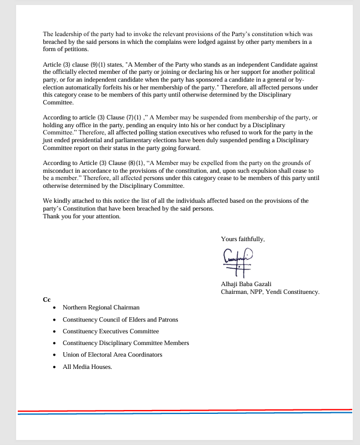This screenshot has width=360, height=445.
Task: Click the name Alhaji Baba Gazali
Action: click(246, 284)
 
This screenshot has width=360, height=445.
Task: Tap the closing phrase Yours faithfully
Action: click(243, 239)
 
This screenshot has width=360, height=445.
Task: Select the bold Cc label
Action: click(47, 299)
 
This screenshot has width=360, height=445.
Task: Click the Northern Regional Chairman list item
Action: click(101, 307)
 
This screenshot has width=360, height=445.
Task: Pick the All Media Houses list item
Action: click(87, 367)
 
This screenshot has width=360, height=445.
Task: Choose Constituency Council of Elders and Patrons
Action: click(120, 319)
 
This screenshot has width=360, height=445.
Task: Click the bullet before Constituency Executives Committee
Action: click(54, 332)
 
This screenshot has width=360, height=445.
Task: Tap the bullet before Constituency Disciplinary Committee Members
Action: click(54, 343)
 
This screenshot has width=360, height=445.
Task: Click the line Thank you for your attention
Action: click(82, 216)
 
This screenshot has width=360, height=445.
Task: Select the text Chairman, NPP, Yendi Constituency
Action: click(270, 292)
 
